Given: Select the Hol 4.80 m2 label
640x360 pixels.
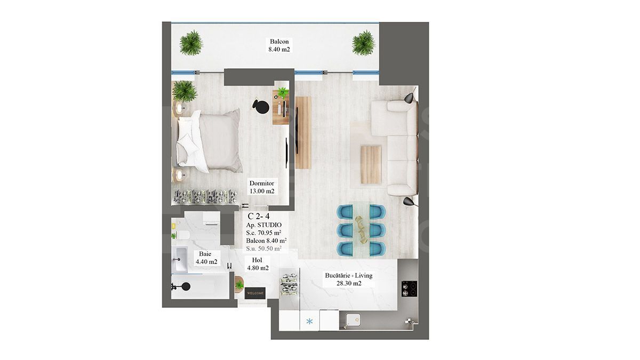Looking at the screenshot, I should [x=257, y=264].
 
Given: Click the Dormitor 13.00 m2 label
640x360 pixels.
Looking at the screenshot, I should [x=261, y=187].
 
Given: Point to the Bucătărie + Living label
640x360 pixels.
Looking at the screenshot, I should [x=349, y=279].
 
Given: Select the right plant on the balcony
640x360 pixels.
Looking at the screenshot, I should [x=364, y=42].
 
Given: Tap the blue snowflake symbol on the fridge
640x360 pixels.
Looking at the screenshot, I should [x=309, y=322].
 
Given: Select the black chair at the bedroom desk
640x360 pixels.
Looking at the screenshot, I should [x=260, y=106].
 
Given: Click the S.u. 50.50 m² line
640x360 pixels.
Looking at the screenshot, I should [x=264, y=248].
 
